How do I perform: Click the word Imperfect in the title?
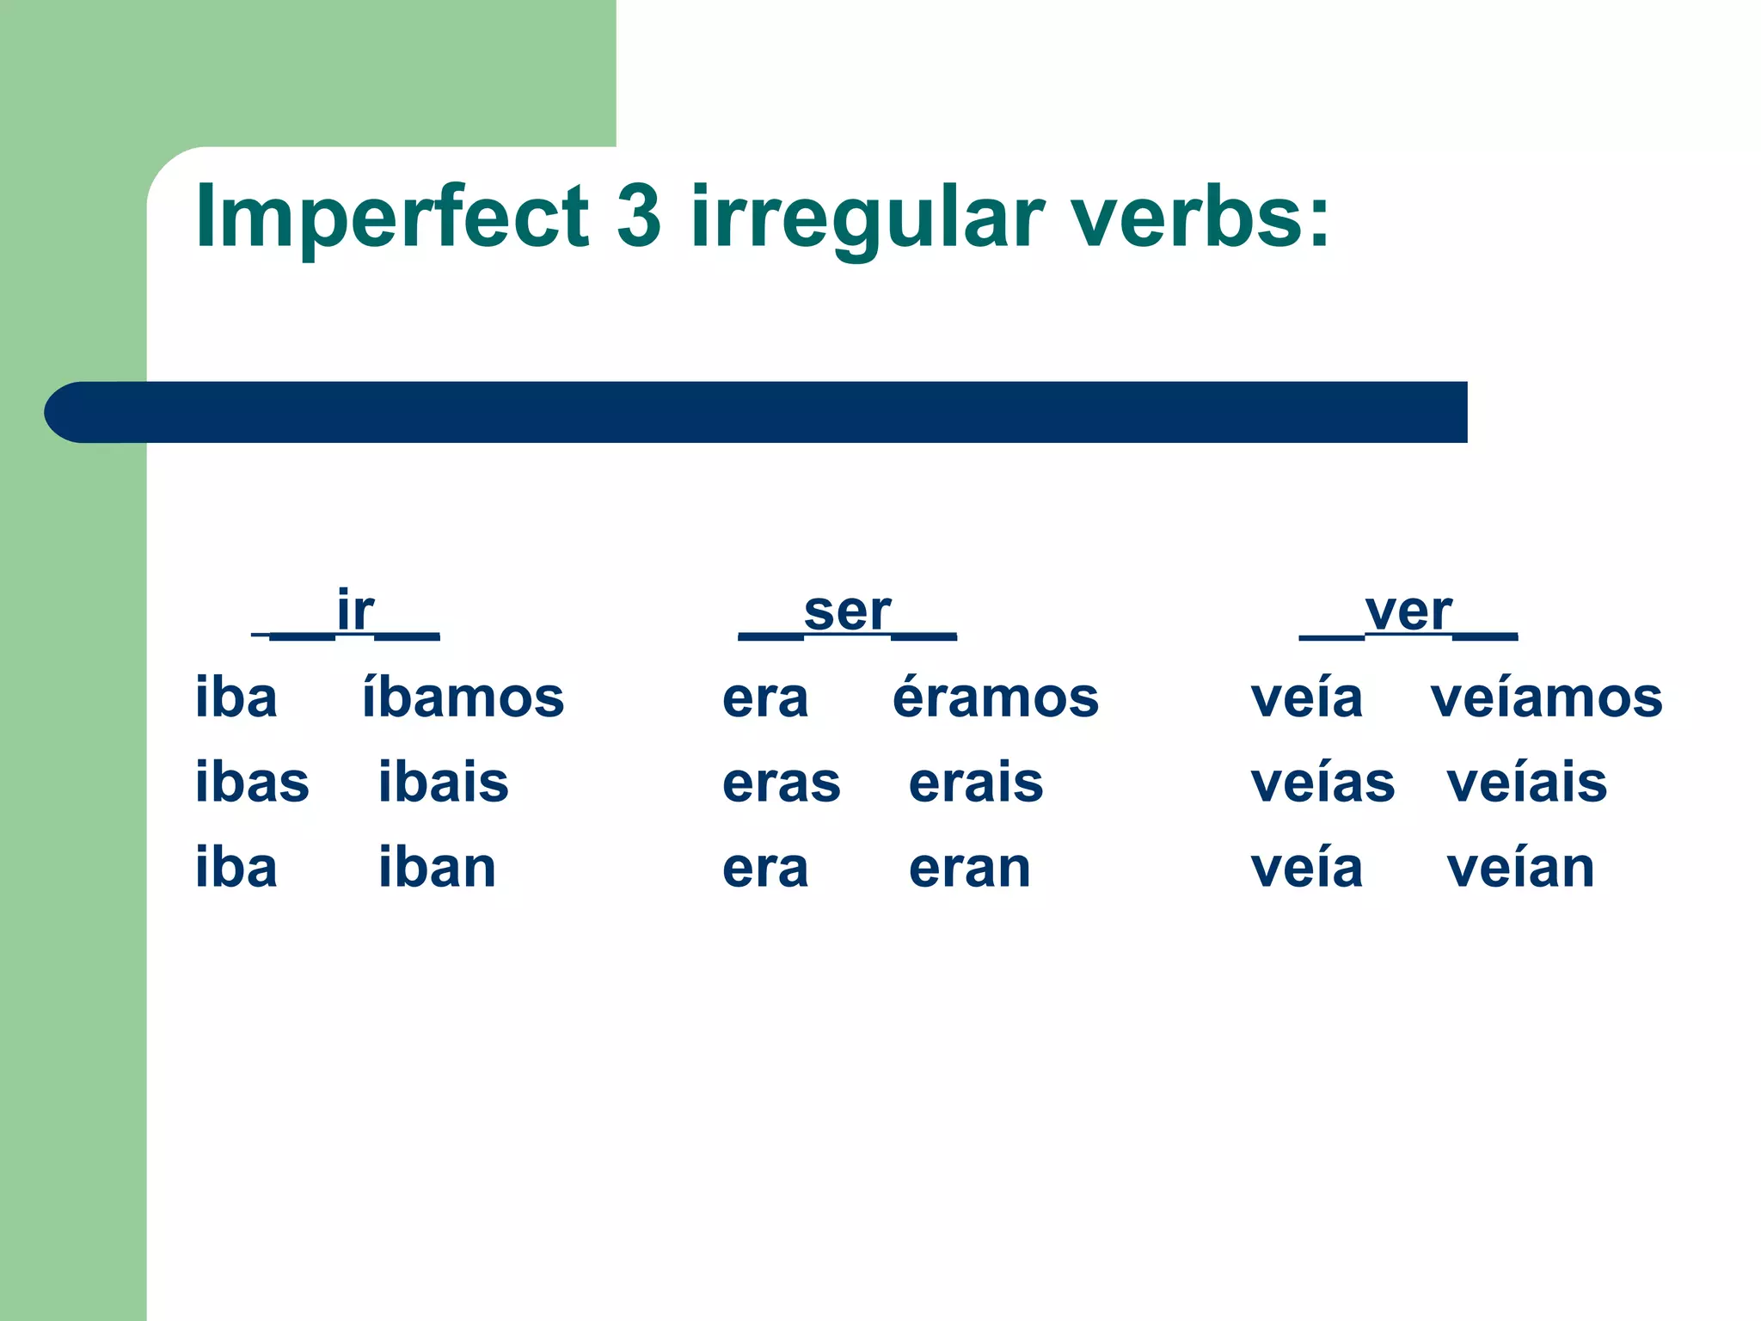pyautogui.click(x=392, y=217)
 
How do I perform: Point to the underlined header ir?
pyautogui.click(x=354, y=611)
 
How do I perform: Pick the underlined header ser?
pyautogui.click(x=848, y=611)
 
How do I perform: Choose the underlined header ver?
pyautogui.click(x=1408, y=611)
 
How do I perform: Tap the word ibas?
pyautogui.click(x=252, y=783)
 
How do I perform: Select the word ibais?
pyautogui.click(x=444, y=783)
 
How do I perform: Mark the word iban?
pyautogui.click(x=438, y=868)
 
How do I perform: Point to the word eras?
pyautogui.click(x=782, y=783)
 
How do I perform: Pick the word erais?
pyautogui.click(x=976, y=783)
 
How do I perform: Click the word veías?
pyautogui.click(x=1322, y=783)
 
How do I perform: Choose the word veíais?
pyautogui.click(x=1527, y=783)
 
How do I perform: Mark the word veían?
pyautogui.click(x=1520, y=868)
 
